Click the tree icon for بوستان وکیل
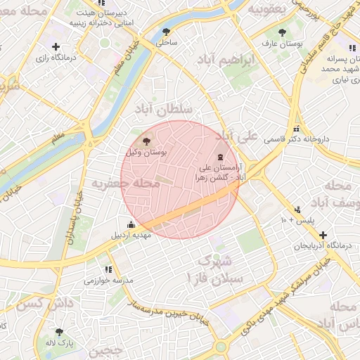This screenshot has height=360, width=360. tap(146, 141)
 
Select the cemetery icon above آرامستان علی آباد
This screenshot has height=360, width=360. tap(221, 156)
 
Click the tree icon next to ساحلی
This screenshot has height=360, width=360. tap(166, 32)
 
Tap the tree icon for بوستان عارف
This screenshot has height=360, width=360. tap(282, 32)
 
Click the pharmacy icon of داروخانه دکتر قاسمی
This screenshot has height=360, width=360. tap(297, 129)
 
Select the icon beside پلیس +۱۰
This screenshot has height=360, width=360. tap(298, 209)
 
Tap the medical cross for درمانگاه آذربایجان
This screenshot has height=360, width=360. tap(322, 235)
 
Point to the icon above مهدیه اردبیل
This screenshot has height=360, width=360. tap(129, 224)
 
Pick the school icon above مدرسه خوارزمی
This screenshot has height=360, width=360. tap(108, 269)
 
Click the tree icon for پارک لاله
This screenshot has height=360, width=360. tap(58, 331)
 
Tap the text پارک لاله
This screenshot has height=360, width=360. tap(66, 342)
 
